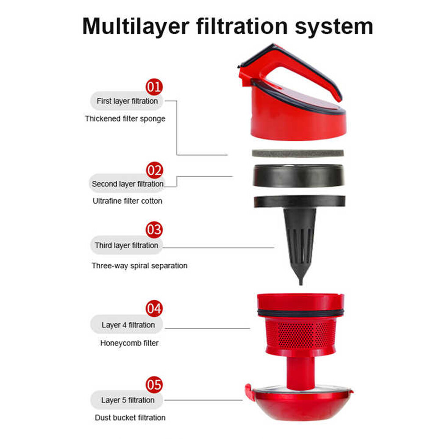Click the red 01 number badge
(154, 87)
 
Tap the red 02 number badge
(154, 170)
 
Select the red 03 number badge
(154, 230)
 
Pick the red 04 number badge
(154, 309)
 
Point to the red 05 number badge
(154, 385)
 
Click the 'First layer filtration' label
(127, 101)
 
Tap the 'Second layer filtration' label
(127, 184)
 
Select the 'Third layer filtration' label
(126, 245)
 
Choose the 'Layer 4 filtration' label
(128, 325)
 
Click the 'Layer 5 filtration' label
(128, 400)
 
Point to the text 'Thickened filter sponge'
(125, 119)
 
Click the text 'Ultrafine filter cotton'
(127, 201)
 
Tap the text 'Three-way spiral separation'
(140, 266)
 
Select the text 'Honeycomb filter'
(130, 343)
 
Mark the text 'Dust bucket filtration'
(130, 417)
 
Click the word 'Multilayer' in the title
(136, 27)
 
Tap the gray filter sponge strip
(298, 153)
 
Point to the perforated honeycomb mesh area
(300, 335)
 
